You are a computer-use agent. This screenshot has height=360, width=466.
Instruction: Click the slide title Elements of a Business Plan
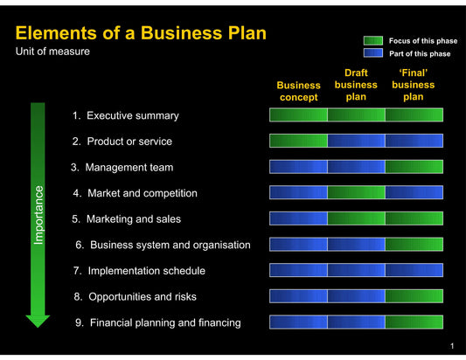pyautogui.click(x=141, y=33)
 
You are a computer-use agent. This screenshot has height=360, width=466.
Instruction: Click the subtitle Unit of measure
pyautogui.click(x=52, y=52)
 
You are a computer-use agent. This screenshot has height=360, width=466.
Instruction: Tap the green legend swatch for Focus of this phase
pyautogui.click(x=373, y=41)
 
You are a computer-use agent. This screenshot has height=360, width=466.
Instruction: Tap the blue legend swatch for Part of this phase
pyautogui.click(x=373, y=53)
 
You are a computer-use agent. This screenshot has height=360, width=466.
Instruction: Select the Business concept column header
pyautogui.click(x=298, y=91)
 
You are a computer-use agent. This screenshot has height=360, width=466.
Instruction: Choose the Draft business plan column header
pyautogui.click(x=356, y=85)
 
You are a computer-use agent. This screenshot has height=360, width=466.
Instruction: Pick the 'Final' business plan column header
pyautogui.click(x=413, y=85)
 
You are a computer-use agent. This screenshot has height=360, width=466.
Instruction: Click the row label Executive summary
pyautogui.click(x=126, y=115)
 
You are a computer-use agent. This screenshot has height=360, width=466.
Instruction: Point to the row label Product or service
pyautogui.click(x=122, y=141)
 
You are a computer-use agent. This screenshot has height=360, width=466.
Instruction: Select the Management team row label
pyautogui.click(x=122, y=167)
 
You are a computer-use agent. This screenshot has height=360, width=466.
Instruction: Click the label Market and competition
pyautogui.click(x=135, y=193)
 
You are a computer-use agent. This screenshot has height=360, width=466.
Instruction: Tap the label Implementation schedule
pyautogui.click(x=140, y=271)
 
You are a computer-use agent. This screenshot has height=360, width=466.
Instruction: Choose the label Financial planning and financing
pyautogui.click(x=157, y=322)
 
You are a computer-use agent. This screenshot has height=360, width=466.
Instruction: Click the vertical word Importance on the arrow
pyautogui.click(x=38, y=214)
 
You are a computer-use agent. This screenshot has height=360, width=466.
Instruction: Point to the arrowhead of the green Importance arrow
pyautogui.click(x=38, y=320)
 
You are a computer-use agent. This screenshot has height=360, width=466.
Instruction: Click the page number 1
pyautogui.click(x=451, y=348)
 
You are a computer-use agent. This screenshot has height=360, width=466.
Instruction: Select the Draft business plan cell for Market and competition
pyautogui.click(x=356, y=193)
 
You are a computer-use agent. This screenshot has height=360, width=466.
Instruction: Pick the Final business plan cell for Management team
pyautogui.click(x=414, y=167)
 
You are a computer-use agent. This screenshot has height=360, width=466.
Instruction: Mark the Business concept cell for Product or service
pyautogui.click(x=298, y=141)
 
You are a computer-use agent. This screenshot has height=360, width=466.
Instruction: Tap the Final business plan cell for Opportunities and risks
pyautogui.click(x=414, y=296)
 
